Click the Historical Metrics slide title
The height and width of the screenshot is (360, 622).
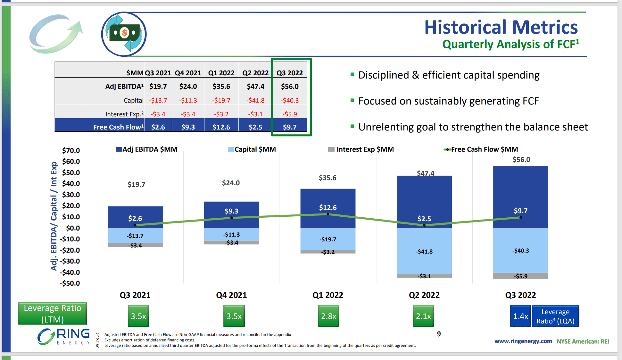501,27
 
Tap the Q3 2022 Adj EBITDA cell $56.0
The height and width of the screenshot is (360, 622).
289,87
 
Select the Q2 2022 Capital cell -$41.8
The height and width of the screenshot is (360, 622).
255,100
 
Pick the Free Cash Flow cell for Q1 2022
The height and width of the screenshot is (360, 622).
221,127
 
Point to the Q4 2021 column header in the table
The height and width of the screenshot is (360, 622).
188,73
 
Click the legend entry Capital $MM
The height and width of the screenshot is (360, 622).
252,149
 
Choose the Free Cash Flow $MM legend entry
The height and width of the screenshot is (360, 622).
481,149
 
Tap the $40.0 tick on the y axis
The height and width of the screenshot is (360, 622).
71,184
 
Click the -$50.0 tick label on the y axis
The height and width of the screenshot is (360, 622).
70,283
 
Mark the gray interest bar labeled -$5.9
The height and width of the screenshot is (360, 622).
520,276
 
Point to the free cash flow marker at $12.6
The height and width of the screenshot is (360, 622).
328,214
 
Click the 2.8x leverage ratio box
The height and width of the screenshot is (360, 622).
328,316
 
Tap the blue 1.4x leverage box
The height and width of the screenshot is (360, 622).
520,316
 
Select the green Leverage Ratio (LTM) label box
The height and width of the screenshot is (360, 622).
53,314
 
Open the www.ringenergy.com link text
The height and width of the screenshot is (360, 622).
523,341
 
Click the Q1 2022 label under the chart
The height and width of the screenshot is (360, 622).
328,295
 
